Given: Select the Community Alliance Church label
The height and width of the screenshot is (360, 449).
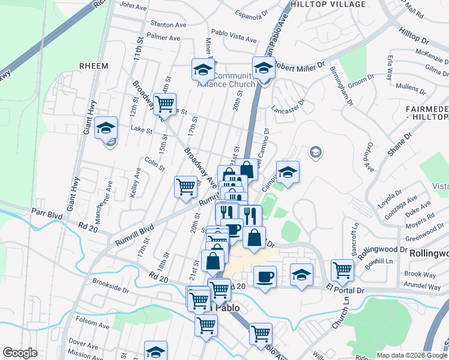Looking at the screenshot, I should pyautogui.click(x=226, y=80).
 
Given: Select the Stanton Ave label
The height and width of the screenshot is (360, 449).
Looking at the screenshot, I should pyautogui.click(x=169, y=25).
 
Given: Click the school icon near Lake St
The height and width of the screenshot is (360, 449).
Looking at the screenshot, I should pyautogui.click(x=106, y=128).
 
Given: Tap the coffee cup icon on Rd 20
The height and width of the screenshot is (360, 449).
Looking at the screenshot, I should pyautogui.click(x=264, y=277).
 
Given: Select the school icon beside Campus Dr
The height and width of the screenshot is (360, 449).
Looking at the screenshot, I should pyautogui.click(x=288, y=172).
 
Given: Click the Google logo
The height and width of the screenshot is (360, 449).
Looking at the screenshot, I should pyautogui.click(x=20, y=353).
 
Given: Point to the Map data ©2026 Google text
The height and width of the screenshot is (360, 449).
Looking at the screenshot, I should pyautogui.click(x=411, y=355).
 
